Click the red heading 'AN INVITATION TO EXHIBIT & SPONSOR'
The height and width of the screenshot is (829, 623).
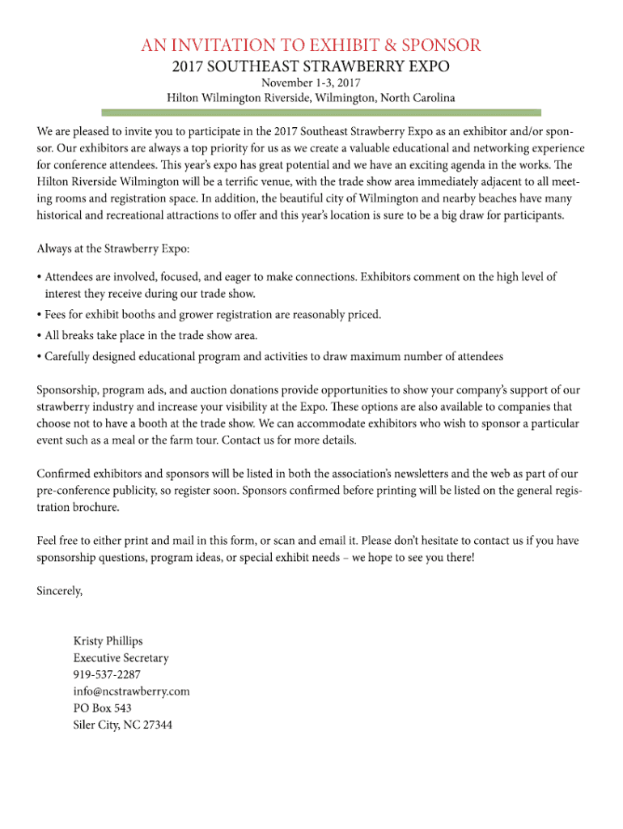point(311,45)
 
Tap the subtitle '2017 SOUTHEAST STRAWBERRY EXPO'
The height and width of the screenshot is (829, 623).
point(311,66)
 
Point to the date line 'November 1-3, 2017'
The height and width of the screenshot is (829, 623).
point(311,83)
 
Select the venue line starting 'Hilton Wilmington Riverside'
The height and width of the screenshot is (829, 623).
point(311,98)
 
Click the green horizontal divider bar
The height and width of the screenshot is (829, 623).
point(311,112)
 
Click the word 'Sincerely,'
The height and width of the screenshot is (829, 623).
point(59,590)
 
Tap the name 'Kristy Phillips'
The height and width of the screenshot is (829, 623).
point(108,641)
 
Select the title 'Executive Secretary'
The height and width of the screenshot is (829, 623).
point(121,658)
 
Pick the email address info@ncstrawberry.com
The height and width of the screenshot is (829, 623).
point(131,691)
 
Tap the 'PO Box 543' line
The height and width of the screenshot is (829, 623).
point(102,708)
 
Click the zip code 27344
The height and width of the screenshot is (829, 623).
point(157,725)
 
